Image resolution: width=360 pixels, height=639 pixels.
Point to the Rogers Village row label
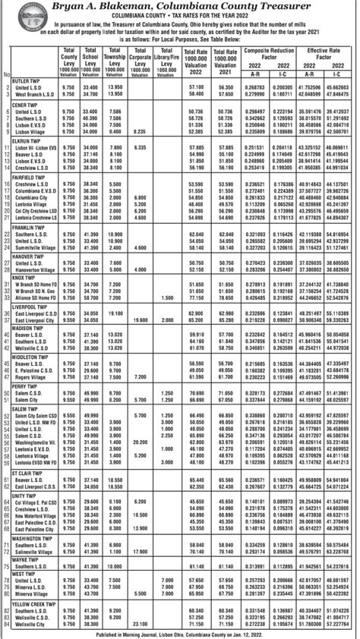click(31, 376)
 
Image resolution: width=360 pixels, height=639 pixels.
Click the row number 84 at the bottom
click(5, 625)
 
